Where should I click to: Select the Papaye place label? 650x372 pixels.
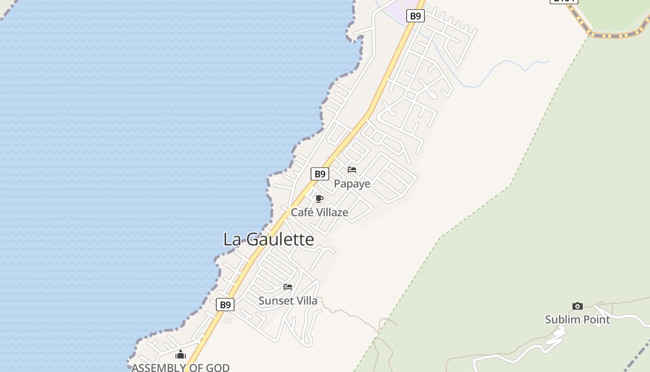[x=352, y=184]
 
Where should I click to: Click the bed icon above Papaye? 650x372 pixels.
[x=352, y=170]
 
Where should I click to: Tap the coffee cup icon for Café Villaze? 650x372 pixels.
[x=319, y=199]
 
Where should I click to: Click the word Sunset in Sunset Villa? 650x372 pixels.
[x=276, y=301]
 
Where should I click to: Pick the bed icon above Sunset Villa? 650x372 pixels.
[x=288, y=287]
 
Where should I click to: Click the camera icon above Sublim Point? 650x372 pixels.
[x=577, y=306]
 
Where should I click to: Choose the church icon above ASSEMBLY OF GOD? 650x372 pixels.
[x=181, y=355]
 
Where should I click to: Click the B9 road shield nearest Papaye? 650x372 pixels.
[x=319, y=174]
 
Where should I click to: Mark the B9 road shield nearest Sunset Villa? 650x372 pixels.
[x=225, y=305]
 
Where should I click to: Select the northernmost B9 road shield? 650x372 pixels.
[x=415, y=16]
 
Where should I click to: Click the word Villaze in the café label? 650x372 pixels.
[x=332, y=213]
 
